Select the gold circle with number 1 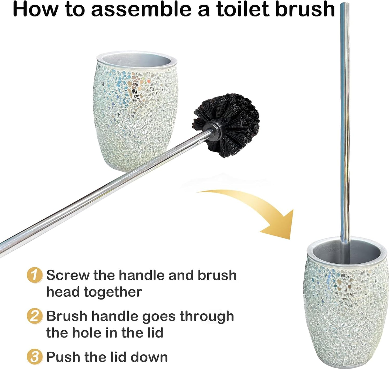[x=35, y=275]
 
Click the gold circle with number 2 [x=35, y=316]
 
